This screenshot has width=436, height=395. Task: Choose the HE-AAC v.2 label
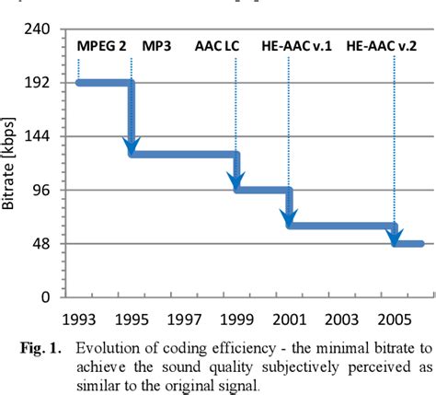point(380,44)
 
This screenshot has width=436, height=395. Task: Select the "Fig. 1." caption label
point(43,349)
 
